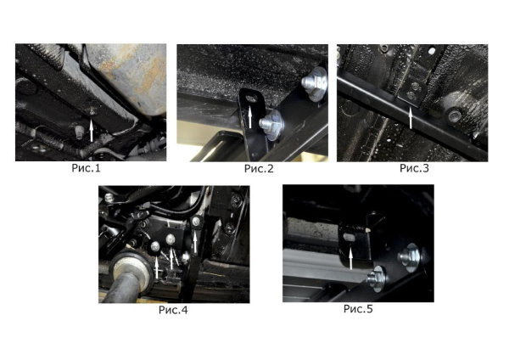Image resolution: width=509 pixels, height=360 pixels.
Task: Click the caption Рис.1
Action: [86, 168]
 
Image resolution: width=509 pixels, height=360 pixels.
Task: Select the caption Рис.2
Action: [259, 168]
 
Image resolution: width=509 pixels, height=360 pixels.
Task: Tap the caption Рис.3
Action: [414, 168]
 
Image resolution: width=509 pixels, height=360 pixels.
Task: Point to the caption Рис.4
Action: [173, 310]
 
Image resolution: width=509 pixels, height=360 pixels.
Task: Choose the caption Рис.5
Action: [358, 309]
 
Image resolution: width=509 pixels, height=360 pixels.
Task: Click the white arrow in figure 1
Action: [92, 130]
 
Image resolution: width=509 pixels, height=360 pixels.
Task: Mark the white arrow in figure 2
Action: [250, 117]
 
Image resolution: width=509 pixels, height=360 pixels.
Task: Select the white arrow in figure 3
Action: [411, 118]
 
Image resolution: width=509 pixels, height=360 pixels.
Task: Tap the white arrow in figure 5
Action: [350, 257]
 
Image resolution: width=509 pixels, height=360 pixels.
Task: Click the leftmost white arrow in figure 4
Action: [157, 267]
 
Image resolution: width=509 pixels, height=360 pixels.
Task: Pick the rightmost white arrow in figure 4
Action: [195, 242]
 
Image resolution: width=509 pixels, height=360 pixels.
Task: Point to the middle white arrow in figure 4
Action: [171, 258]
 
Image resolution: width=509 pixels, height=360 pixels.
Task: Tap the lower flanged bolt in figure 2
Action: [271, 125]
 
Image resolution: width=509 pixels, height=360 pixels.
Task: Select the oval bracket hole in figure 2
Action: [250, 98]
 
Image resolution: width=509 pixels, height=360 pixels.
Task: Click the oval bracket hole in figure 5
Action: [350, 238]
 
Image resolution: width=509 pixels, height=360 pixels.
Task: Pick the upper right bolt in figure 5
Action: [410, 256]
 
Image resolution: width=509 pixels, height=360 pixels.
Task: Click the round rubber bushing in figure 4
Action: [131, 268]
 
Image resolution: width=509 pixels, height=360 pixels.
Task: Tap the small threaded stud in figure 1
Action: [79, 132]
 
